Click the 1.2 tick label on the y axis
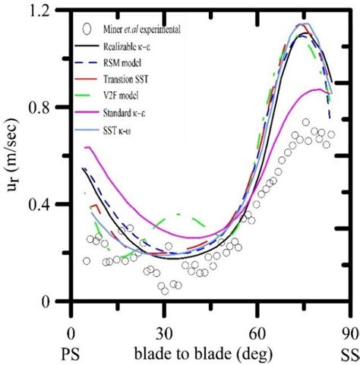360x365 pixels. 50,11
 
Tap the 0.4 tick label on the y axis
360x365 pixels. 50,204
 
